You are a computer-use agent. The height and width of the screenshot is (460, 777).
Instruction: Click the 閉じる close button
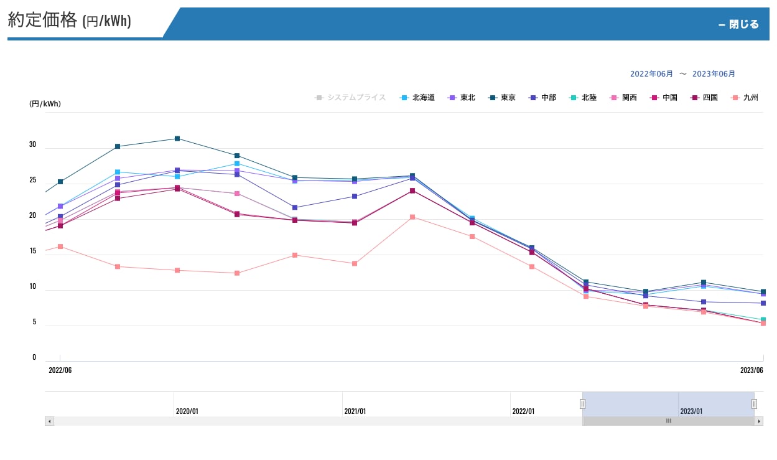click(x=738, y=24)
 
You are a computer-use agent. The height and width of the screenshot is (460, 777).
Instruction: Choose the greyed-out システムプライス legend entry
click(x=351, y=98)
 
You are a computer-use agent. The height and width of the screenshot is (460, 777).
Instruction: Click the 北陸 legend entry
click(x=583, y=98)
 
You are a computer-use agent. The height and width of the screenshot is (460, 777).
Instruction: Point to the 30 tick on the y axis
click(x=32, y=144)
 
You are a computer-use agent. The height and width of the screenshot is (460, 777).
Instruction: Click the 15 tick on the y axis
click(x=32, y=251)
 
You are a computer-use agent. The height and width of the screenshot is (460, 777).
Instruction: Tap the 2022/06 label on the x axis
click(x=60, y=370)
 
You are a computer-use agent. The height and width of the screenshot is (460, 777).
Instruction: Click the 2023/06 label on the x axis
click(x=751, y=370)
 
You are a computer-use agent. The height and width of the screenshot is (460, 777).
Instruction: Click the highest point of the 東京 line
click(x=177, y=139)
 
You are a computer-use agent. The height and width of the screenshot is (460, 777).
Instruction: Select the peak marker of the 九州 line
click(x=412, y=217)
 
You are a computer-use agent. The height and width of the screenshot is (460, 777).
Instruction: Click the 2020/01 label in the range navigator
click(x=187, y=411)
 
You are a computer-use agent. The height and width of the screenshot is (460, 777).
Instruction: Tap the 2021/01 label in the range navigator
click(x=355, y=411)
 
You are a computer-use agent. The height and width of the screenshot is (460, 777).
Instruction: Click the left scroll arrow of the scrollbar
click(x=49, y=421)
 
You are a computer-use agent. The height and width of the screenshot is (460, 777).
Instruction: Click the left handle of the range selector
click(x=582, y=403)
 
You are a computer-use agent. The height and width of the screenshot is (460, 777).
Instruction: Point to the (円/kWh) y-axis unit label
click(x=45, y=104)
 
